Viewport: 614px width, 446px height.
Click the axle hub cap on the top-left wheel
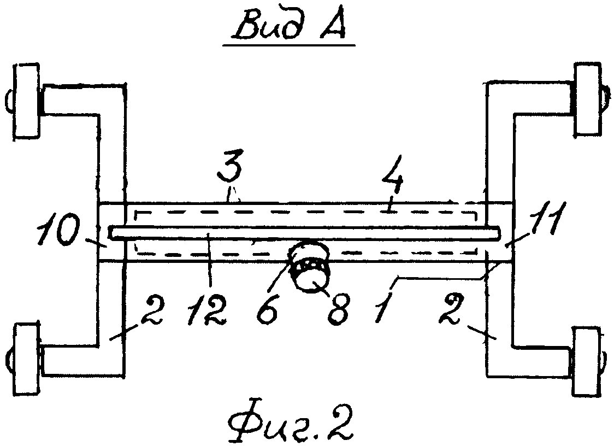coord(10,102)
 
